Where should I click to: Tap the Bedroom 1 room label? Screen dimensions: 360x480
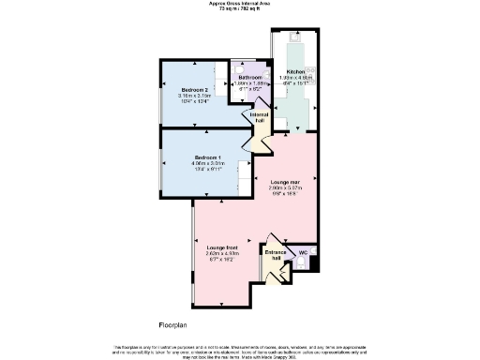(x=208, y=157)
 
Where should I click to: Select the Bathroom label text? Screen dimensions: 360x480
(x=250, y=77)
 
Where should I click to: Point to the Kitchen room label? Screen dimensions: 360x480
(x=296, y=70)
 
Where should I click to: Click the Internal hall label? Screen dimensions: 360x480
(x=259, y=115)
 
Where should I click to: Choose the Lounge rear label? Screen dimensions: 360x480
(x=284, y=180)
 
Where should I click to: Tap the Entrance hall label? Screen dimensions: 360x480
(x=276, y=253)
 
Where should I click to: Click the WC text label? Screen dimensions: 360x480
(x=302, y=252)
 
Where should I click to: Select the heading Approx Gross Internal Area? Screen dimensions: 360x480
(x=239, y=4)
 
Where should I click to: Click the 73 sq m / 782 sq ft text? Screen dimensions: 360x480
(x=239, y=9)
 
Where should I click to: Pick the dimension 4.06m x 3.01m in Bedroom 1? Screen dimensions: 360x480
(x=208, y=163)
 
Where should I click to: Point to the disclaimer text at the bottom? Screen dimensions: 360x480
(x=239, y=349)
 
